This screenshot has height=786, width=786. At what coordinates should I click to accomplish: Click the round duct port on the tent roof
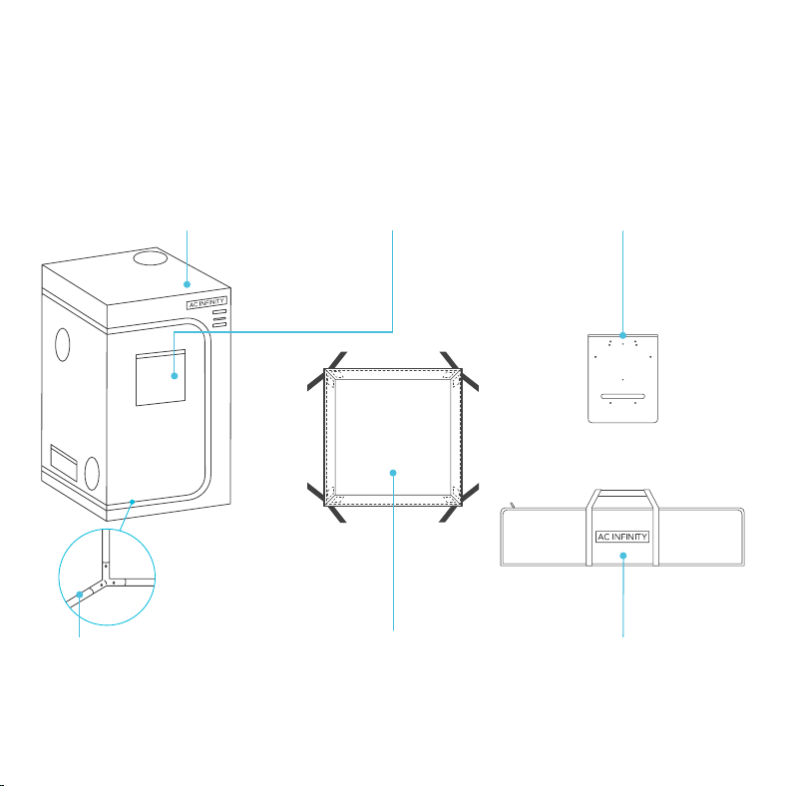point(150,257)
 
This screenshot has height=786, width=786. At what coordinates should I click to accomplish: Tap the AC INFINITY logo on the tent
point(207,303)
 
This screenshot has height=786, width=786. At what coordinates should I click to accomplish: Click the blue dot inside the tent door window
point(175,376)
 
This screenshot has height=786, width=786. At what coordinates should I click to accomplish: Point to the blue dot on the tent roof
point(187,284)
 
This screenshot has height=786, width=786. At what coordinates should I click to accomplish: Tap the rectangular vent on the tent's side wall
point(64,463)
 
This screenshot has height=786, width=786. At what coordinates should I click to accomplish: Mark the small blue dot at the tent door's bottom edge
point(133,502)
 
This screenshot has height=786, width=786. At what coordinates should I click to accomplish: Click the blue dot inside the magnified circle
point(79,594)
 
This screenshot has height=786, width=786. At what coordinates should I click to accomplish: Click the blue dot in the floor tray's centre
point(393,473)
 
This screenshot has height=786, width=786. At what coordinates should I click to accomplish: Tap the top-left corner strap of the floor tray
point(327,370)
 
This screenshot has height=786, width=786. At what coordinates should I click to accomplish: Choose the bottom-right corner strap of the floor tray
point(459,504)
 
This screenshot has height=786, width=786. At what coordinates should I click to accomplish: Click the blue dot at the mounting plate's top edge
point(622,335)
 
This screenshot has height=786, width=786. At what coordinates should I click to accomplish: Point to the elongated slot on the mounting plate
point(622,397)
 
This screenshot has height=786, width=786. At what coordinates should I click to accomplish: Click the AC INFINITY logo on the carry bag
point(622,537)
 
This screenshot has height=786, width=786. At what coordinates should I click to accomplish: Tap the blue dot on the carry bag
point(623,556)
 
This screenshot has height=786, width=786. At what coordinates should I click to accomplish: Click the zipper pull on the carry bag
point(513,505)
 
